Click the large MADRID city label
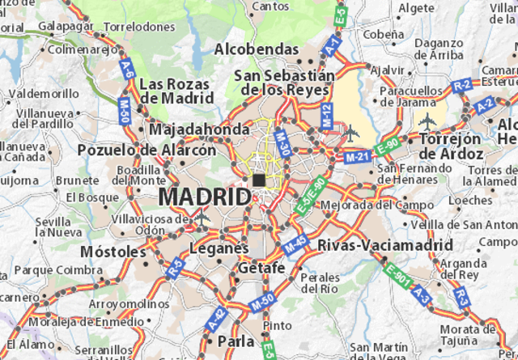(x=205, y=197)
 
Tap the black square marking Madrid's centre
(x=258, y=180)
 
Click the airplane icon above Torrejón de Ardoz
(x=427, y=122)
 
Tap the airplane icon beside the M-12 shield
(x=350, y=131)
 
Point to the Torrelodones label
(x=139, y=27)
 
